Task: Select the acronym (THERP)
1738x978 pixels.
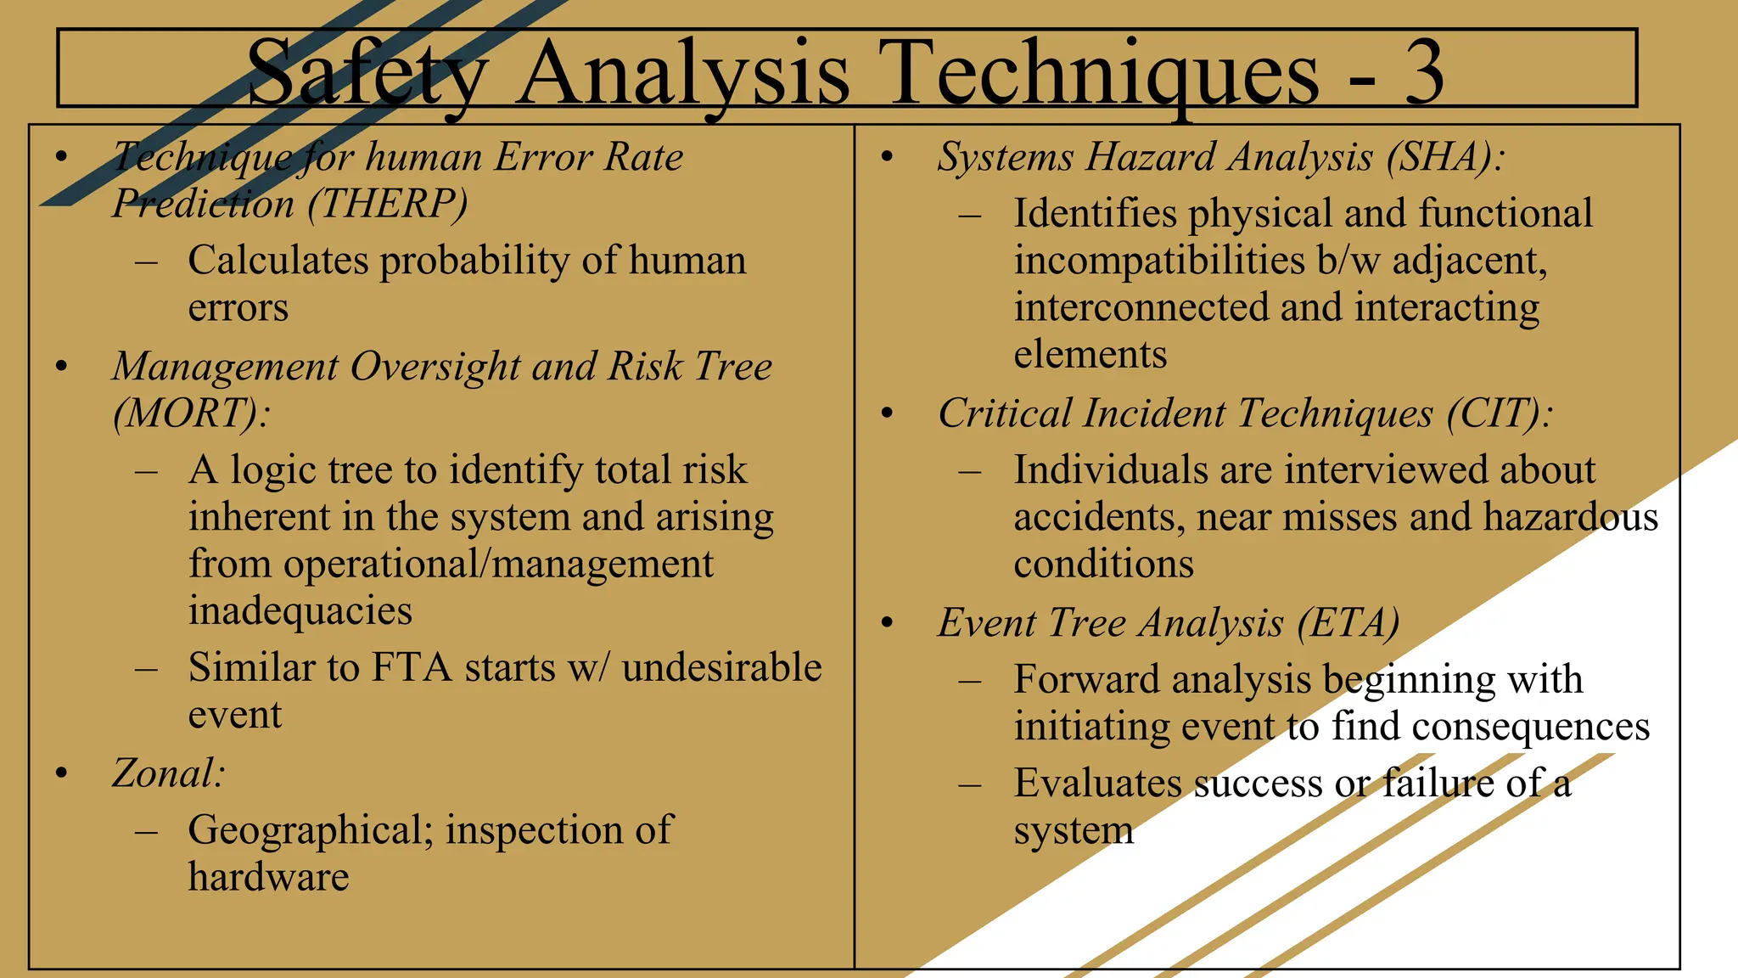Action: tap(387, 204)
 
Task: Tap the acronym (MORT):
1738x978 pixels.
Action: tap(192, 413)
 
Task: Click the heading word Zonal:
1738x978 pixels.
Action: tap(168, 773)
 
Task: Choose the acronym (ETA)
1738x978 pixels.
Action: tap(1348, 623)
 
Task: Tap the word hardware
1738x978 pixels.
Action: tap(268, 877)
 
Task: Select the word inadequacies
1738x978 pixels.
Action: tap(300, 611)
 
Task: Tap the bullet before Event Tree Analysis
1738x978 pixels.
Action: tap(888, 624)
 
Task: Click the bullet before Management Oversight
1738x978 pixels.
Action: tap(61, 368)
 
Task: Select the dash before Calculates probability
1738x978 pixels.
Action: tap(146, 261)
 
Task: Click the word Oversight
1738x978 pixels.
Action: tap(435, 367)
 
